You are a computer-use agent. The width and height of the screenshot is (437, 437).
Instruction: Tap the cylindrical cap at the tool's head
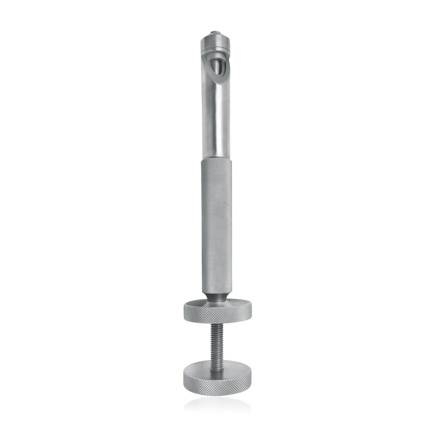click(215, 43)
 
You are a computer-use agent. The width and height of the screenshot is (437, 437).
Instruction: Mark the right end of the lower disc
click(251, 376)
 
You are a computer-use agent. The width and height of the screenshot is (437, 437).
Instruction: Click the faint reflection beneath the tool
click(217, 405)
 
